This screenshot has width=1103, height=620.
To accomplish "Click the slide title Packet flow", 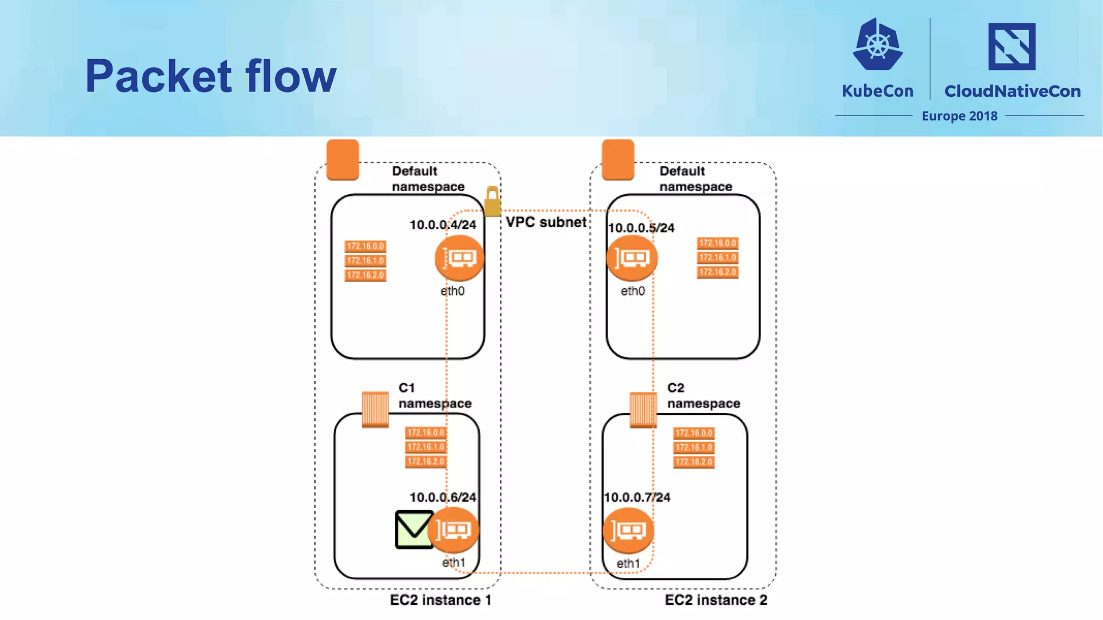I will (x=211, y=76).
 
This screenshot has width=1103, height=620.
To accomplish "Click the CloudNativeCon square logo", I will (x=1011, y=46).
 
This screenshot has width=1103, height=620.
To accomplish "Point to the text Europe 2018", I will (x=959, y=116).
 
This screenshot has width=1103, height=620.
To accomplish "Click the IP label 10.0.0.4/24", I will (x=443, y=225).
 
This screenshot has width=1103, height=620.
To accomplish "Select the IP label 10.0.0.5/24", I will (x=641, y=228).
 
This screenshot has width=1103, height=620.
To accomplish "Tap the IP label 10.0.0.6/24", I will (x=443, y=497).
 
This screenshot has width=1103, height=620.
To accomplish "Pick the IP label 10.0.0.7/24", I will (x=637, y=497).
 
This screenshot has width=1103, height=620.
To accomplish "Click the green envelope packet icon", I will (x=414, y=530).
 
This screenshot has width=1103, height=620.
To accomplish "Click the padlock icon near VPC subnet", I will (x=492, y=201).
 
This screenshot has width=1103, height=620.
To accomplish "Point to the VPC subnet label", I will (x=546, y=222).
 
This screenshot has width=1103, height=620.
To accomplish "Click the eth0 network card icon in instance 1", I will (x=459, y=258).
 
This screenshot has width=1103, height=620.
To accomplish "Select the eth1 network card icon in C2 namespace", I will (x=628, y=531).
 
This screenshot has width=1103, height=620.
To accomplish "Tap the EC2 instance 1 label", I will (x=441, y=600).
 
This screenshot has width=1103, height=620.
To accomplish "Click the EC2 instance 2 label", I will (x=716, y=600).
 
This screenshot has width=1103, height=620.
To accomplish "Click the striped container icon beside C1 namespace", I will (x=375, y=410).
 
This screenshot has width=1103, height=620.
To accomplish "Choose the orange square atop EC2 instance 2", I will (x=618, y=159).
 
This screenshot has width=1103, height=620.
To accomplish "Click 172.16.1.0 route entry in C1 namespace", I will (x=425, y=447).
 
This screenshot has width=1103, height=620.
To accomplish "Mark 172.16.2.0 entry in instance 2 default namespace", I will (x=717, y=272).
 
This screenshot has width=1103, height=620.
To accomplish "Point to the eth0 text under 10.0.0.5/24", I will (x=632, y=291).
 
